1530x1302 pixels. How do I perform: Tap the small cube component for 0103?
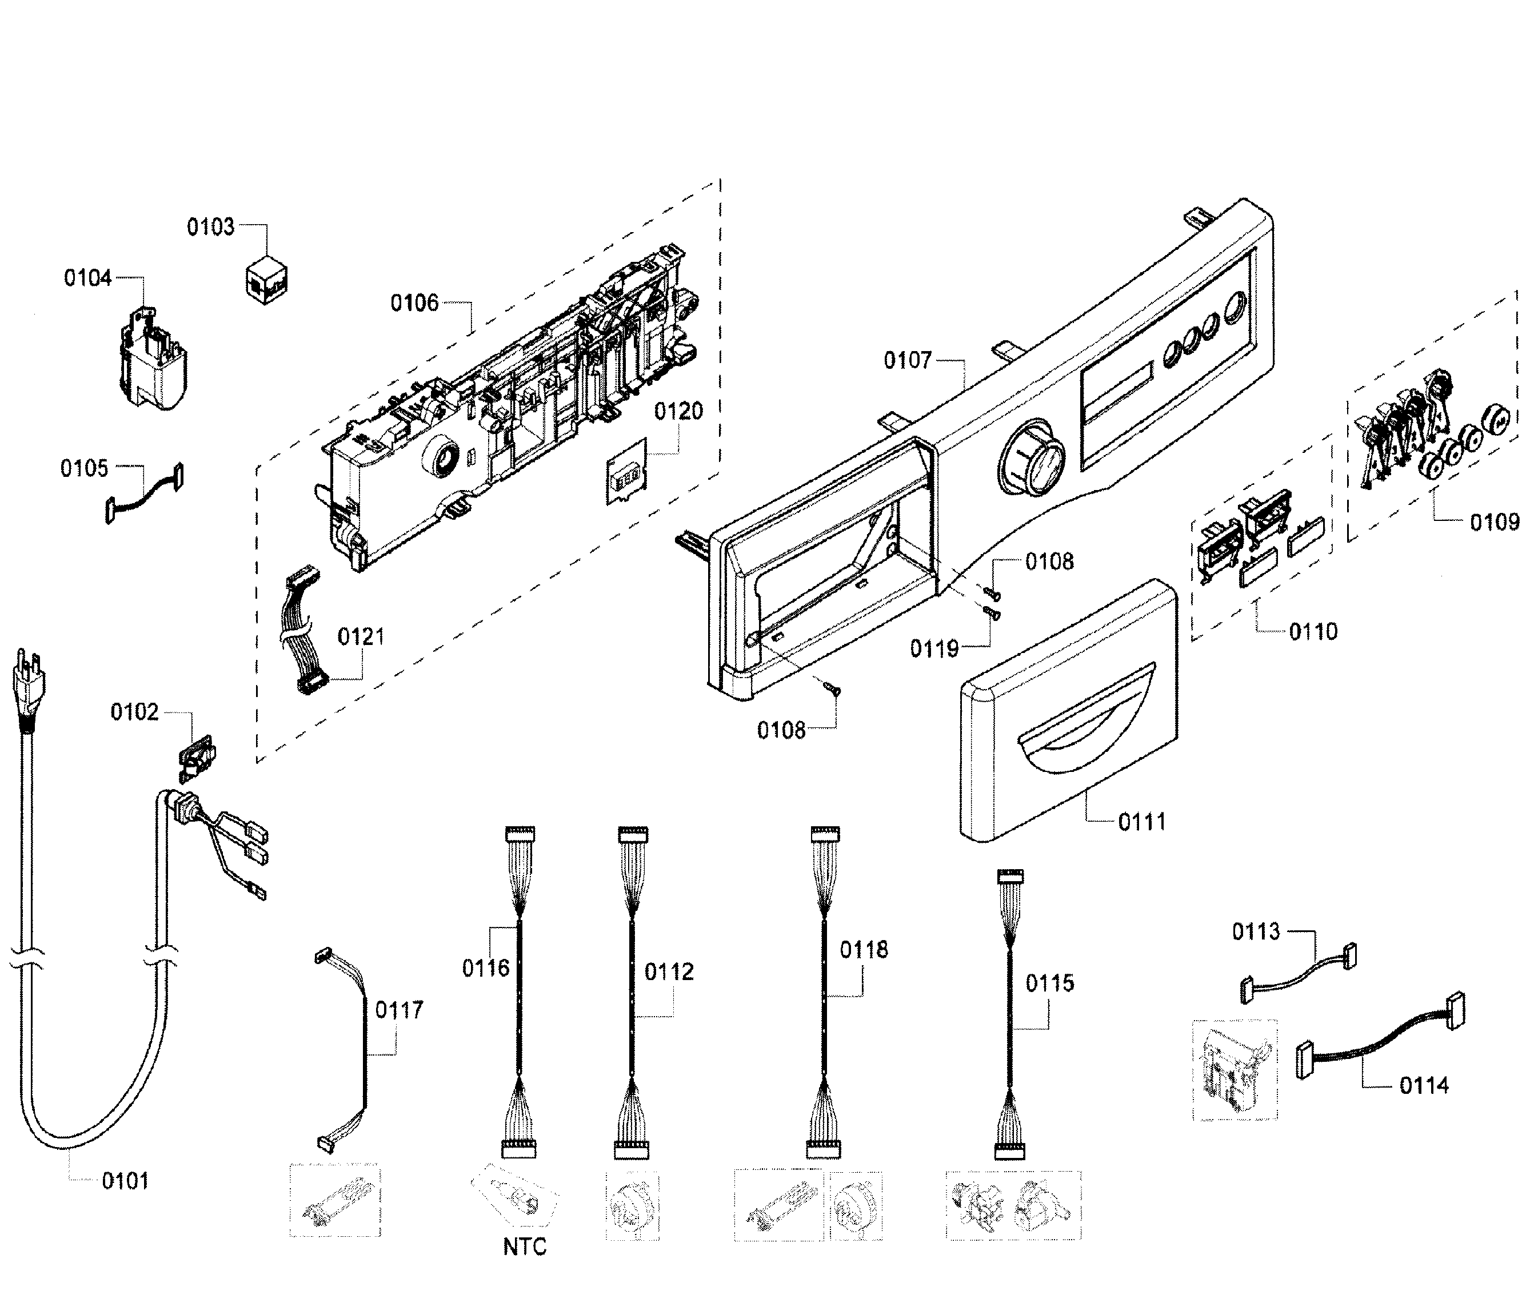click(x=266, y=281)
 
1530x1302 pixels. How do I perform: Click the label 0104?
click(x=88, y=278)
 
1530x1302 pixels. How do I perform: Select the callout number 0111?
click(x=1141, y=822)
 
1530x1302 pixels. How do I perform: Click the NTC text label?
click(x=525, y=1247)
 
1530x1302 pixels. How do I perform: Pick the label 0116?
click(x=485, y=967)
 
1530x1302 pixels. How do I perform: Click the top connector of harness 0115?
click(x=1010, y=876)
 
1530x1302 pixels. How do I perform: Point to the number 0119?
click(x=933, y=649)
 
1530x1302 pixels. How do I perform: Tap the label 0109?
click(x=1494, y=523)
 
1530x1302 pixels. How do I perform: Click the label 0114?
click(x=1424, y=1085)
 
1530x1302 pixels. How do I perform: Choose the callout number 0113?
click(x=1256, y=931)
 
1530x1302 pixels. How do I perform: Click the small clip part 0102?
click(x=196, y=757)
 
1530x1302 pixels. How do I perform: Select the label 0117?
click(x=399, y=1010)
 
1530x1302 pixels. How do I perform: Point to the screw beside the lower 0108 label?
click(x=833, y=688)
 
